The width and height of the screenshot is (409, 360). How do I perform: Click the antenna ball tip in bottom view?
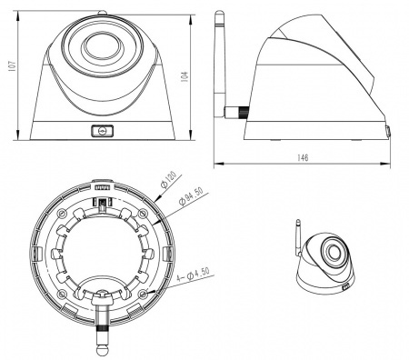[102, 349]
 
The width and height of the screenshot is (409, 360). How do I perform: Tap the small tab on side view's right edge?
[389, 132]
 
